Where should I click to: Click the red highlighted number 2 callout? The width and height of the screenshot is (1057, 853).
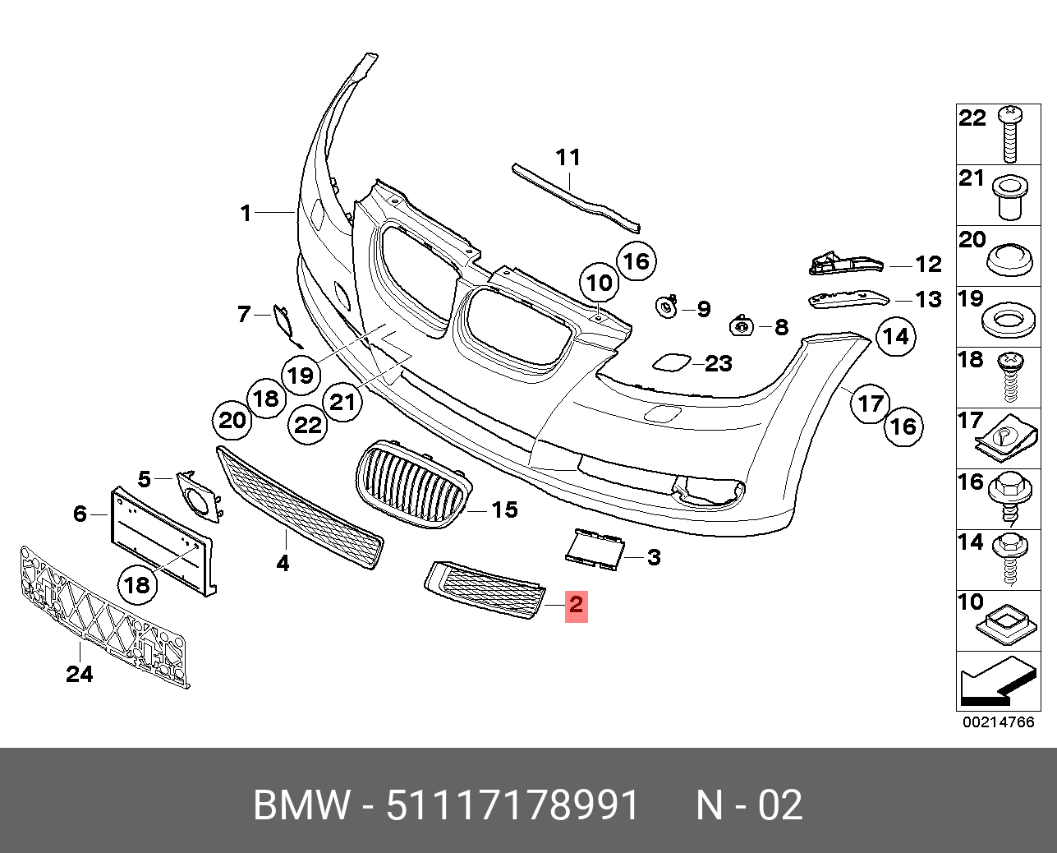(x=577, y=606)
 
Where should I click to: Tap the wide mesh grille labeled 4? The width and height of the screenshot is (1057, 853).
(x=300, y=507)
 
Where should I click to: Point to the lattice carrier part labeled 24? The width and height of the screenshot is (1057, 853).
(x=104, y=617)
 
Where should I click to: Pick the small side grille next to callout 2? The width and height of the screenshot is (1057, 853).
(x=485, y=590)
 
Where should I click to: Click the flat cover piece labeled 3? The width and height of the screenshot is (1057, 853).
(x=594, y=550)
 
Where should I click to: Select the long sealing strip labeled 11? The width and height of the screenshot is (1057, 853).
(x=577, y=198)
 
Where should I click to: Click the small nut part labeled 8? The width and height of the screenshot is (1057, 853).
(x=742, y=326)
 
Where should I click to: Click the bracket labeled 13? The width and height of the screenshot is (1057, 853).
(x=848, y=300)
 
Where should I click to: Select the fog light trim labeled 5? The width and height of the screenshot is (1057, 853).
(x=199, y=496)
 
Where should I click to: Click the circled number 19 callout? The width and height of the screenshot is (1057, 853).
(x=301, y=376)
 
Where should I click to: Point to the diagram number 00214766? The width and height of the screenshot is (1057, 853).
(x=998, y=722)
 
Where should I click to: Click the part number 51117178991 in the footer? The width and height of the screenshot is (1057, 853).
(x=512, y=805)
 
